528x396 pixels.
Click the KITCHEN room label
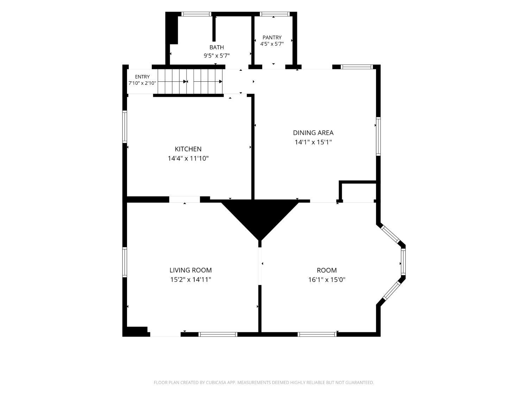click(x=188, y=149)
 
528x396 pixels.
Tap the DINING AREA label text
click(x=313, y=133)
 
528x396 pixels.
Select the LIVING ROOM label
click(x=190, y=270)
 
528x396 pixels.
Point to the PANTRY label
click(x=272, y=38)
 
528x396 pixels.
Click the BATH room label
click(x=216, y=48)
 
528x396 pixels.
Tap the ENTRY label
click(x=142, y=77)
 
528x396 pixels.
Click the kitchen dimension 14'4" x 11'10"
click(x=188, y=158)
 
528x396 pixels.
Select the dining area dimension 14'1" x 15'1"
click(x=313, y=142)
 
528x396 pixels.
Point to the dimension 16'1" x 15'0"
click(x=327, y=279)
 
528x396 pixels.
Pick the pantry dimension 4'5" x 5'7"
click(x=272, y=44)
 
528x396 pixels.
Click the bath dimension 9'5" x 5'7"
click(x=216, y=56)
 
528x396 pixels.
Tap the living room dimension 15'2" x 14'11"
click(x=190, y=279)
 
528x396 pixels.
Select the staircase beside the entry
click(x=190, y=82)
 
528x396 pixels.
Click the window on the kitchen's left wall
click(x=125, y=127)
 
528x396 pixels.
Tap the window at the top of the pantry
click(x=275, y=14)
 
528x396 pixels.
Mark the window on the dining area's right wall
click(x=378, y=136)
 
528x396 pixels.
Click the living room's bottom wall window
click(x=218, y=334)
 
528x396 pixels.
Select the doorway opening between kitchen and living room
click(x=184, y=200)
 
